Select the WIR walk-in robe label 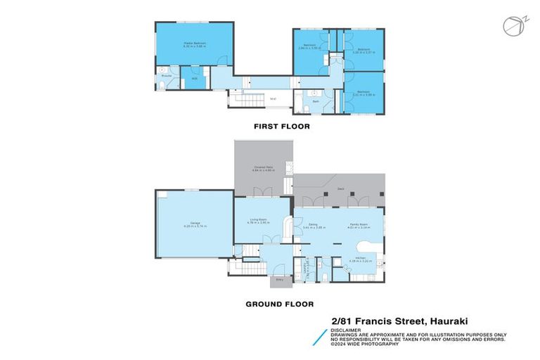195,78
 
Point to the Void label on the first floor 273,98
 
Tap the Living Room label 259,219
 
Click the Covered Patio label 264,167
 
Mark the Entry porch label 280,279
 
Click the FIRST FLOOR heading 281,127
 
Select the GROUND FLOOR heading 279,304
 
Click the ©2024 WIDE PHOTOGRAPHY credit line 365,344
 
